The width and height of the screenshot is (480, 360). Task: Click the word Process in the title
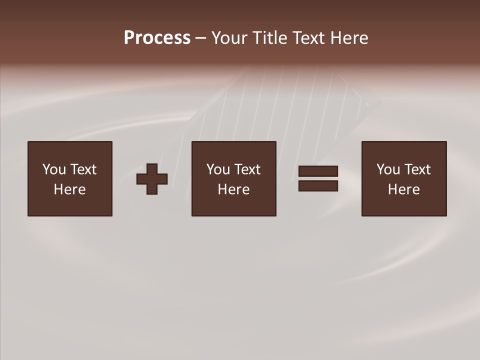click(157, 38)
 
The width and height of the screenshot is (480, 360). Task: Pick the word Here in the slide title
click(349, 38)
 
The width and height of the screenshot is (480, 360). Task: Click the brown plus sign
click(152, 179)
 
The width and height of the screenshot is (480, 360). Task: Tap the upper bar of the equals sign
click(318, 171)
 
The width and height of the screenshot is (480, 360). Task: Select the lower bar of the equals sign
click(318, 185)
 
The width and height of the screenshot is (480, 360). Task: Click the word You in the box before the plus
click(54, 169)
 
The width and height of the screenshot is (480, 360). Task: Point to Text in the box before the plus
click(83, 169)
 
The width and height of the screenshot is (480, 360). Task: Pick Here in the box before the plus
click(69, 189)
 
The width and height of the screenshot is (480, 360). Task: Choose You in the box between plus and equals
click(218, 169)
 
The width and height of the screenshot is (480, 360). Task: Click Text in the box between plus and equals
click(247, 169)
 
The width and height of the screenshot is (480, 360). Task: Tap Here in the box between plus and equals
click(233, 189)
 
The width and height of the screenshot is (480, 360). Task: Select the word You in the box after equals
click(388, 169)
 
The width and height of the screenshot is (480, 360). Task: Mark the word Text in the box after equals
click(417, 169)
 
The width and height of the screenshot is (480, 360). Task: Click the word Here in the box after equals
click(403, 189)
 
